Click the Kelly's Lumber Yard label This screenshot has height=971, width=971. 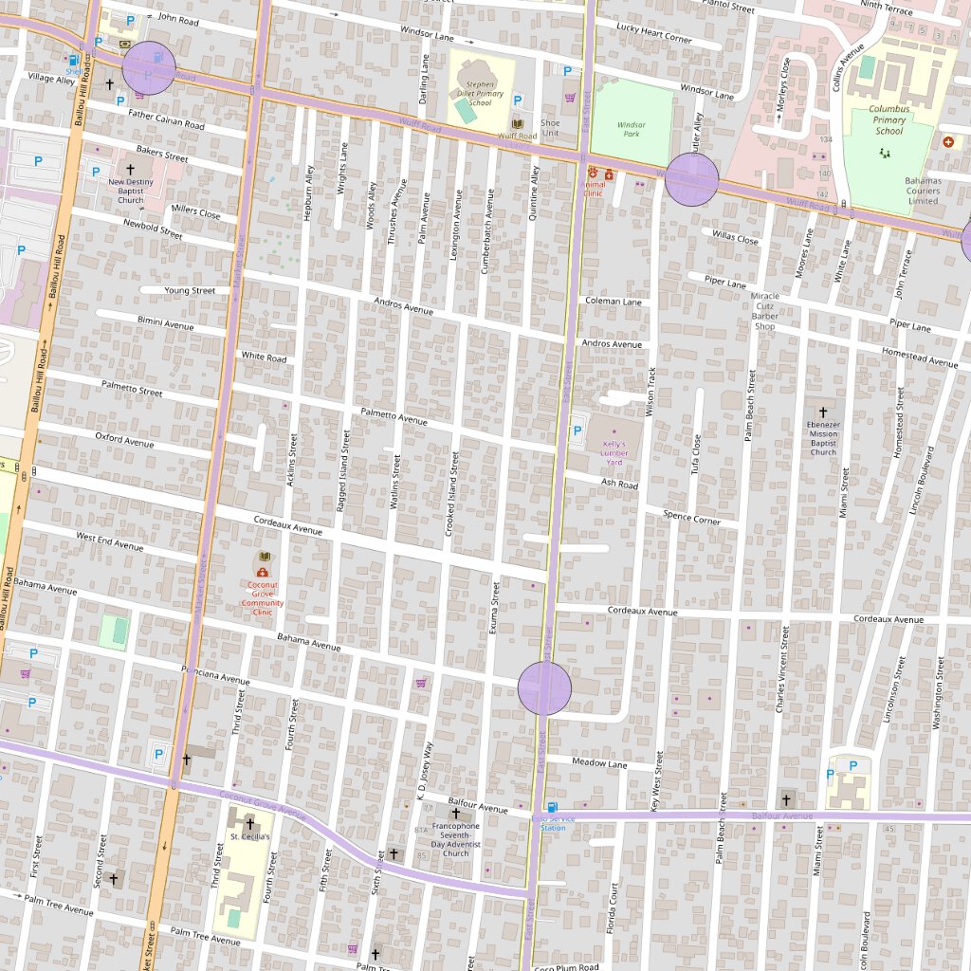point(614,453)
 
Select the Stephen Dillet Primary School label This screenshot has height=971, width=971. point(480,93)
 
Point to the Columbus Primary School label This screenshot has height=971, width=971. point(889,119)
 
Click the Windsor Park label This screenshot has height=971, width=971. point(631,129)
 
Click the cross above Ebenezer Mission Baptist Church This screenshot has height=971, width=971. point(822,412)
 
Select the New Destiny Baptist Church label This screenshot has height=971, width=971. point(131,191)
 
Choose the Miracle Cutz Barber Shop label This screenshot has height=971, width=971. point(764,311)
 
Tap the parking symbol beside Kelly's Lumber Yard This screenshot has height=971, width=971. point(577,432)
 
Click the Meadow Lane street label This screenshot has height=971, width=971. point(599,763)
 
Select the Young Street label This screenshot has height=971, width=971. point(190,290)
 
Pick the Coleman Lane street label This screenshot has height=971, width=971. point(613,302)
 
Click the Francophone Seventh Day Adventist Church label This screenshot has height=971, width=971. point(456,839)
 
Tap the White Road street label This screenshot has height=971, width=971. point(264,357)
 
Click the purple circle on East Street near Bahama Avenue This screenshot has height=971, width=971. point(545,688)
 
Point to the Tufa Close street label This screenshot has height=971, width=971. point(697,454)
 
